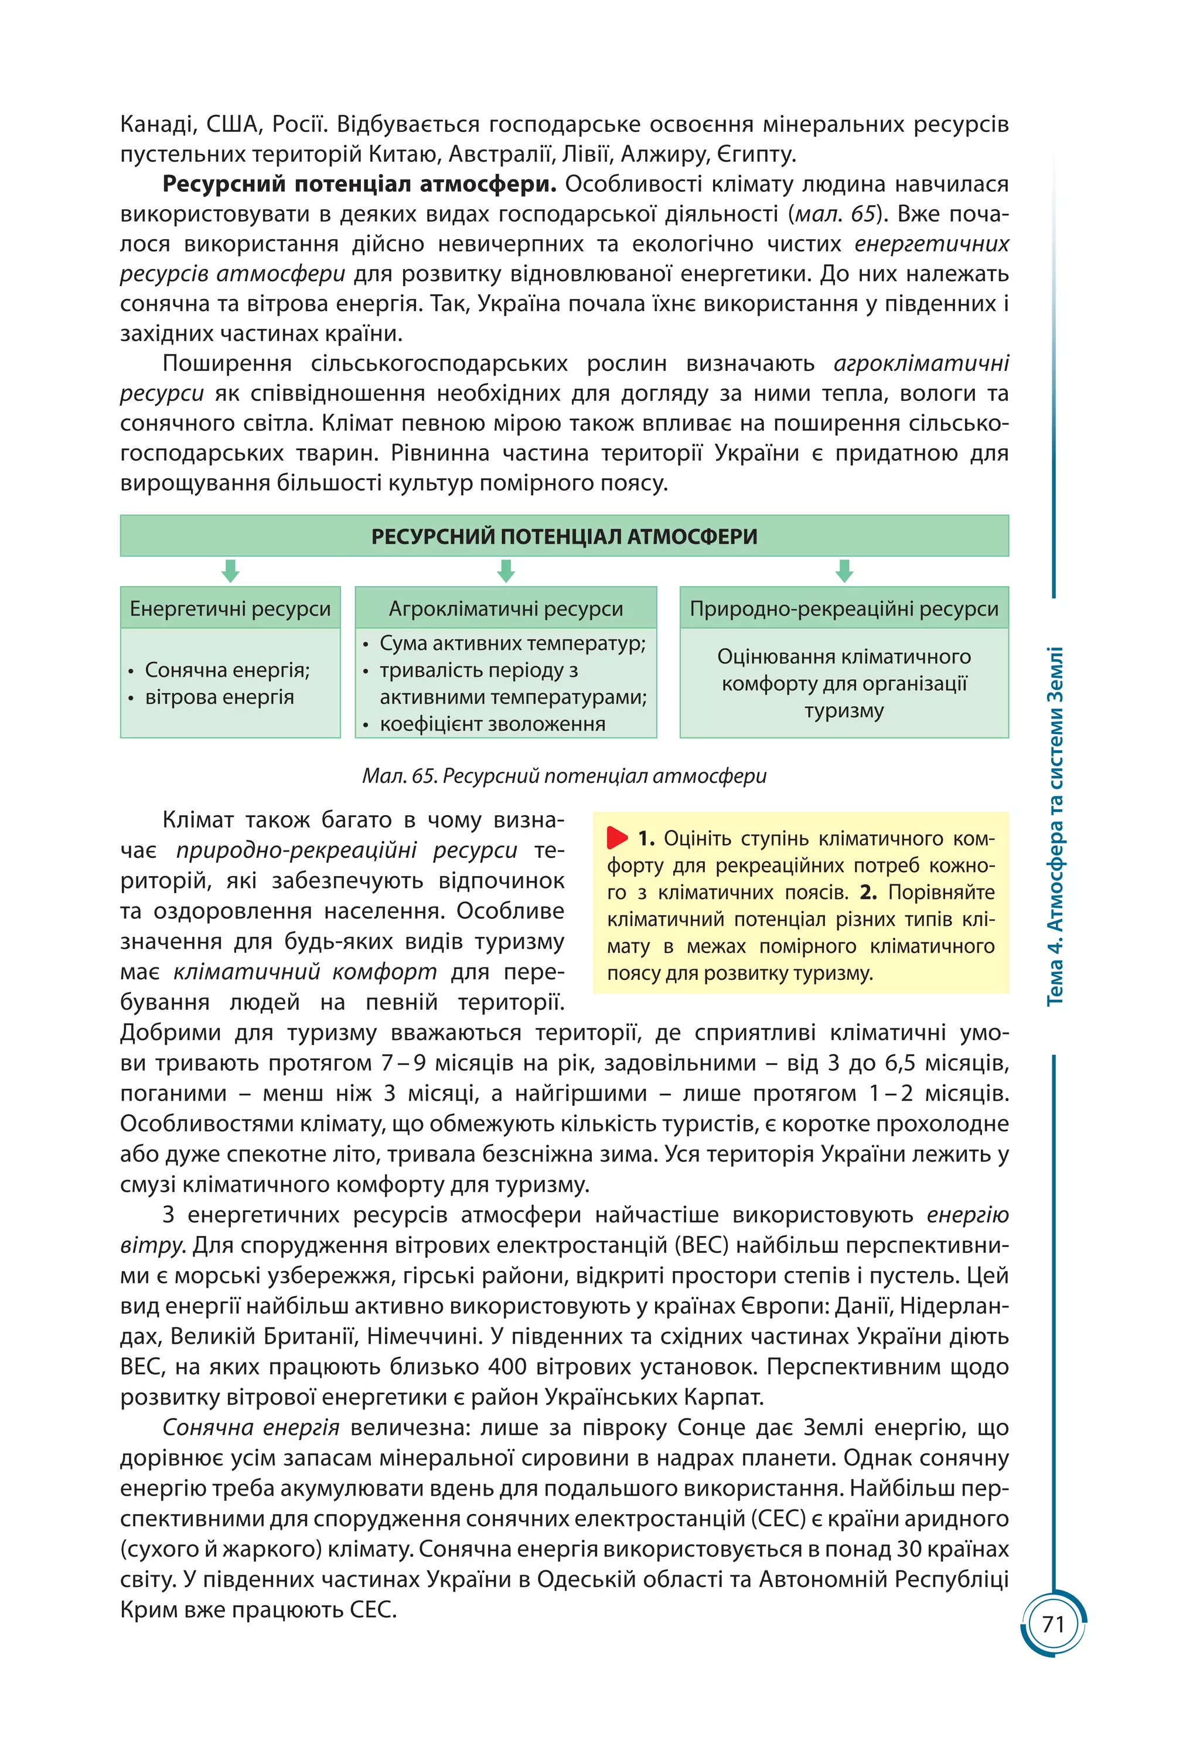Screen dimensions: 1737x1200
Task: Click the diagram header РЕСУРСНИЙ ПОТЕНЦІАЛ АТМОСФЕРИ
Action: coord(564,536)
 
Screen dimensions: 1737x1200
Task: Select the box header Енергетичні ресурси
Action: coord(230,608)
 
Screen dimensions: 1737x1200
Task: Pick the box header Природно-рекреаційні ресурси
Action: coord(844,608)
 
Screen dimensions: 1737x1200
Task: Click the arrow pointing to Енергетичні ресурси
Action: coord(230,571)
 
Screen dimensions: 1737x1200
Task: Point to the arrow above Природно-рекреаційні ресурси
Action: coord(844,571)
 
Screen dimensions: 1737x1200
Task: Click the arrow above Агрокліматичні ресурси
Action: coord(506,571)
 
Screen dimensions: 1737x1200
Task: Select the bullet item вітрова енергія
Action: coord(219,697)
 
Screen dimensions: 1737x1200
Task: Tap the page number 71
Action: coord(1054,1624)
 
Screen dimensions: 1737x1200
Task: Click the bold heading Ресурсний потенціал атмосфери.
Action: coord(359,183)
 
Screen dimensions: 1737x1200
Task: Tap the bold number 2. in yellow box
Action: coord(868,892)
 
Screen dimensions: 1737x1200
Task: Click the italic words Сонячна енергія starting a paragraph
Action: coord(250,1427)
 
